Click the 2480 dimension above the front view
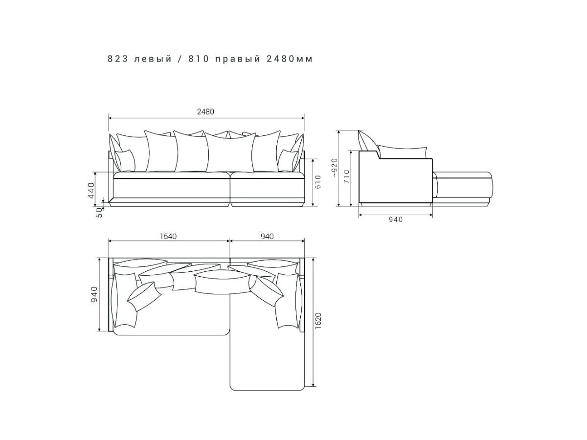[205, 111]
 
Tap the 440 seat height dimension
[91, 191]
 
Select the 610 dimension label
[317, 182]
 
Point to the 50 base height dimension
[99, 213]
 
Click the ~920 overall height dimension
[335, 168]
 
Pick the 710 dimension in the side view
[346, 176]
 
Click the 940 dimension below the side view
[396, 220]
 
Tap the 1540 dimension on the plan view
[168, 237]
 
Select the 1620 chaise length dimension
[318, 321]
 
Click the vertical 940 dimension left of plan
[94, 294]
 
